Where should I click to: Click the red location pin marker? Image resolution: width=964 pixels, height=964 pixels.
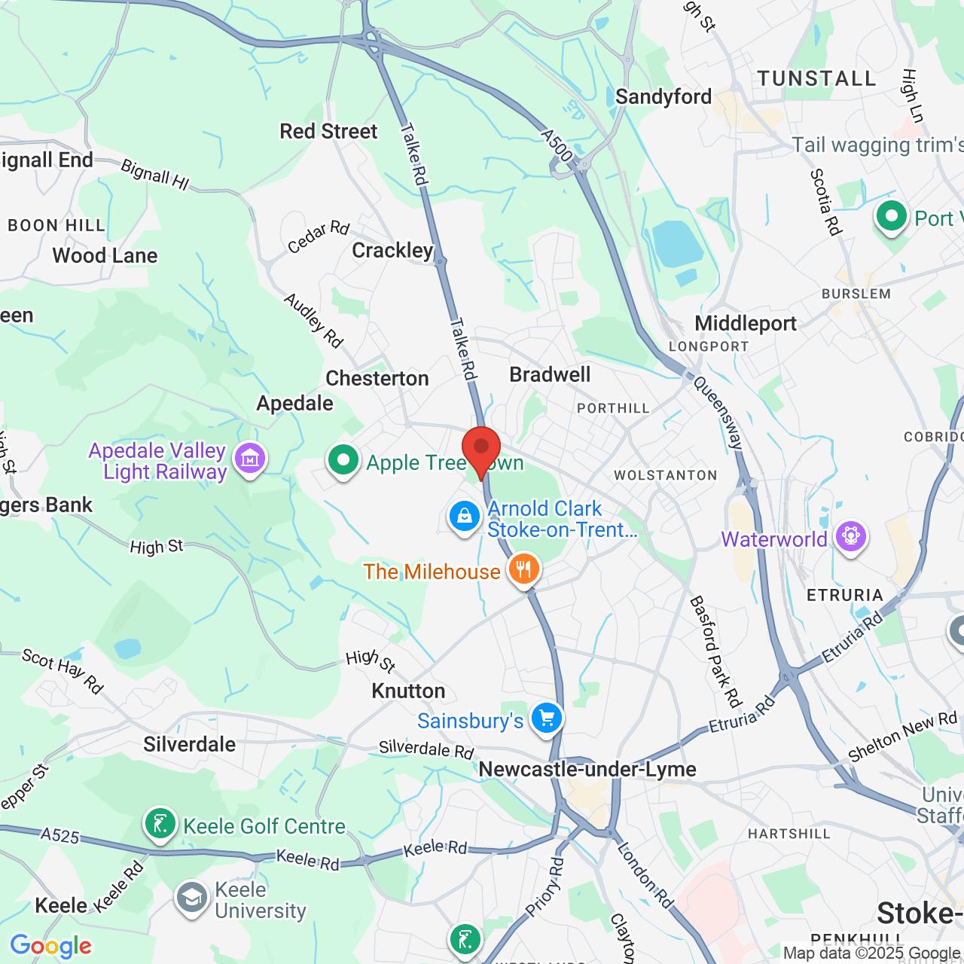point(480,450)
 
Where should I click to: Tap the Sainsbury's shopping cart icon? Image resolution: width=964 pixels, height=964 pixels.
point(547,718)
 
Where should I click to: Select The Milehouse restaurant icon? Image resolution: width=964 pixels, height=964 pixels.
point(524,569)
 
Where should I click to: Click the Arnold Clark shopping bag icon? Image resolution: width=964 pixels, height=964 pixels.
point(465,517)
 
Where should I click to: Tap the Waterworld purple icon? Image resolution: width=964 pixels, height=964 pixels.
point(851,537)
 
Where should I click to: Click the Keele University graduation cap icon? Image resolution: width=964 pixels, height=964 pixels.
point(192,898)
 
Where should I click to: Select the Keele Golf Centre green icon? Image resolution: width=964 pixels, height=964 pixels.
point(160,824)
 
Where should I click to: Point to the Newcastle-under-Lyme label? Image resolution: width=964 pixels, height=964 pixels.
point(587,769)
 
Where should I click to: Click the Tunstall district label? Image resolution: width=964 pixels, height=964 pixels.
point(817,78)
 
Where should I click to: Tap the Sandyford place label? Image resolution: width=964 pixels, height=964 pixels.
point(664,96)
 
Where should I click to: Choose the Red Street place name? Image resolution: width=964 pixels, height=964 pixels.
point(328,131)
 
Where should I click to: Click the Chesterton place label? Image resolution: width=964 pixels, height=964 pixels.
point(377,378)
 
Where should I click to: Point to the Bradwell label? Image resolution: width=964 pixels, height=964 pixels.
point(550,374)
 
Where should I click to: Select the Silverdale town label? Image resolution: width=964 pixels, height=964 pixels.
point(190,744)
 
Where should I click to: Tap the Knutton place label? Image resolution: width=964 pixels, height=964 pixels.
point(408,691)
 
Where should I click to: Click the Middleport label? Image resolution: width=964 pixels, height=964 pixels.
point(746,323)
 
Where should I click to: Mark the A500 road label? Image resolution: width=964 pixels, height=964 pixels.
point(557,145)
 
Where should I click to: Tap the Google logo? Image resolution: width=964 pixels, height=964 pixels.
point(51,946)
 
